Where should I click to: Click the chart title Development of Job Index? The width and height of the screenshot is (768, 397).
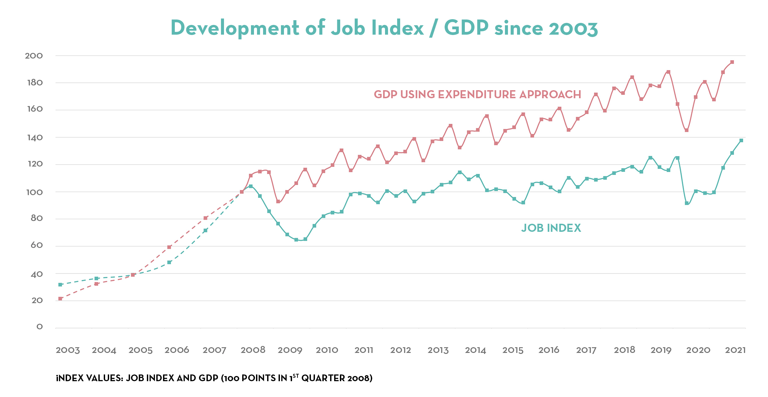(x=384, y=28)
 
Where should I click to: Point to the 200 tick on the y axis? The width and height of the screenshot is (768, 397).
(x=34, y=56)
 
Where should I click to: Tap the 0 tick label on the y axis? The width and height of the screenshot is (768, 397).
(x=39, y=327)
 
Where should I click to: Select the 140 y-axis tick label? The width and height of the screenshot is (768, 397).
(x=34, y=137)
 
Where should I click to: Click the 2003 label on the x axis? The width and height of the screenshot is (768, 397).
(x=68, y=350)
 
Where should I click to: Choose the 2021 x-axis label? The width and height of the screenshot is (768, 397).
(x=735, y=350)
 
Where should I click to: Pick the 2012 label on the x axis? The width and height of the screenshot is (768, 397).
(x=401, y=350)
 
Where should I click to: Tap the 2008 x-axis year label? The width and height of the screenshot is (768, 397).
(x=253, y=350)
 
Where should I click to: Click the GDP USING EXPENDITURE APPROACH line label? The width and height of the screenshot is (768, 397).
(x=477, y=95)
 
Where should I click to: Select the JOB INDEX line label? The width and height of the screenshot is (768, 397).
(x=551, y=228)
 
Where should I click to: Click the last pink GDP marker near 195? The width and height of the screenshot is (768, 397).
(x=732, y=62)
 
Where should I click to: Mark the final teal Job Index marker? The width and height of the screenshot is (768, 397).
(x=741, y=141)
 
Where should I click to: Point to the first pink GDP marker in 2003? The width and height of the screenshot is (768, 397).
(x=60, y=299)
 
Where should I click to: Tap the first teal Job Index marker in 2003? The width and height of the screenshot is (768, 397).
(x=60, y=285)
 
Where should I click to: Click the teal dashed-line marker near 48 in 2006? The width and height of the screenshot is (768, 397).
(x=169, y=262)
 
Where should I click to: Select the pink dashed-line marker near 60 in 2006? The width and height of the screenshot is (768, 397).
(x=169, y=247)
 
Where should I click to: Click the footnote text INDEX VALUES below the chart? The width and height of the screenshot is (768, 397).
(x=214, y=378)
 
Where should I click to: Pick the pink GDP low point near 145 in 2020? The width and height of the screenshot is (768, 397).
(x=686, y=130)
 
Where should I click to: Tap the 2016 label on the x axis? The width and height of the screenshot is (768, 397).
(x=549, y=350)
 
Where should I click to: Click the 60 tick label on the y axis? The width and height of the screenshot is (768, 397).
(x=36, y=245)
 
